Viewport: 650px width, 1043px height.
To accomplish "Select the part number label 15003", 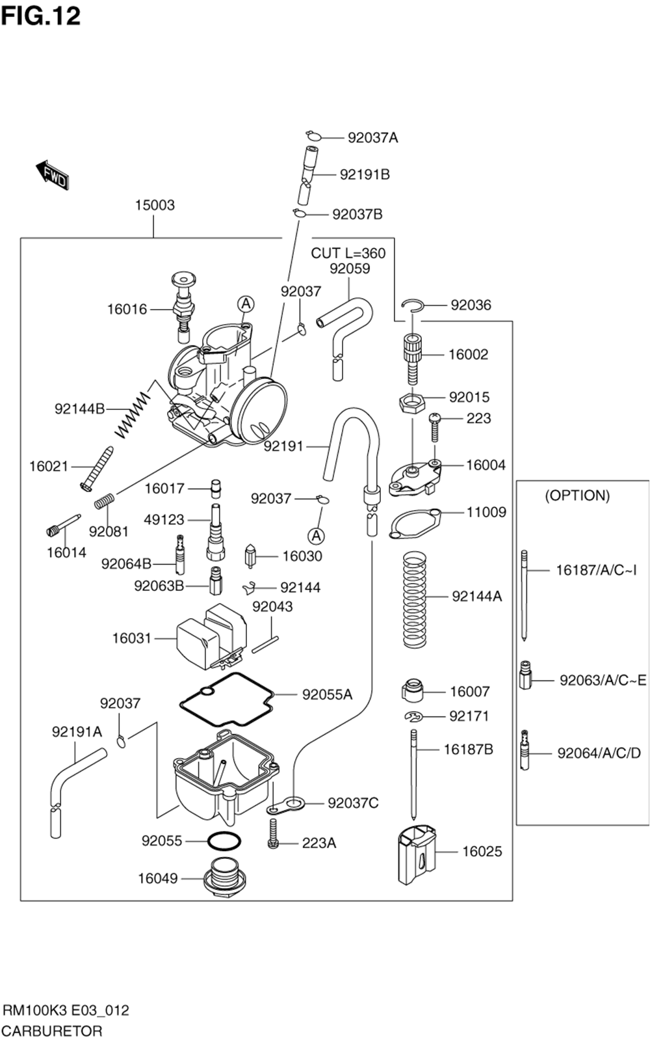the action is click(155, 205).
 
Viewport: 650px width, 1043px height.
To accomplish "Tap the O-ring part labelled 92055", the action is click(224, 841).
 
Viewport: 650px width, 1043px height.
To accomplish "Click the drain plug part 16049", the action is click(226, 878).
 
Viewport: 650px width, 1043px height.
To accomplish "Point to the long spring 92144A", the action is click(415, 599).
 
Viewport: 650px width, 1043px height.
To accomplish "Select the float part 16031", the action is click(212, 636).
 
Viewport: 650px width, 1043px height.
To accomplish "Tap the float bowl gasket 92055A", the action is click(227, 699).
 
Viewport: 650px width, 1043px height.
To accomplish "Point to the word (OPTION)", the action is click(577, 495).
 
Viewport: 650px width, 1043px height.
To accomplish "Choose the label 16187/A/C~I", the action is click(597, 570).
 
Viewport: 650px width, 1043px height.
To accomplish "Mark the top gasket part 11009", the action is click(415, 523).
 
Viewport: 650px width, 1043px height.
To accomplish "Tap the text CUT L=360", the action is click(348, 253).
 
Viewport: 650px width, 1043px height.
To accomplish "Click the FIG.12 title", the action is click(41, 16).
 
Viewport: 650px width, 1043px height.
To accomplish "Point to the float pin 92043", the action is click(265, 644).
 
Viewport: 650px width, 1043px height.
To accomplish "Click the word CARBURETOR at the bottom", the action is click(53, 1031).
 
